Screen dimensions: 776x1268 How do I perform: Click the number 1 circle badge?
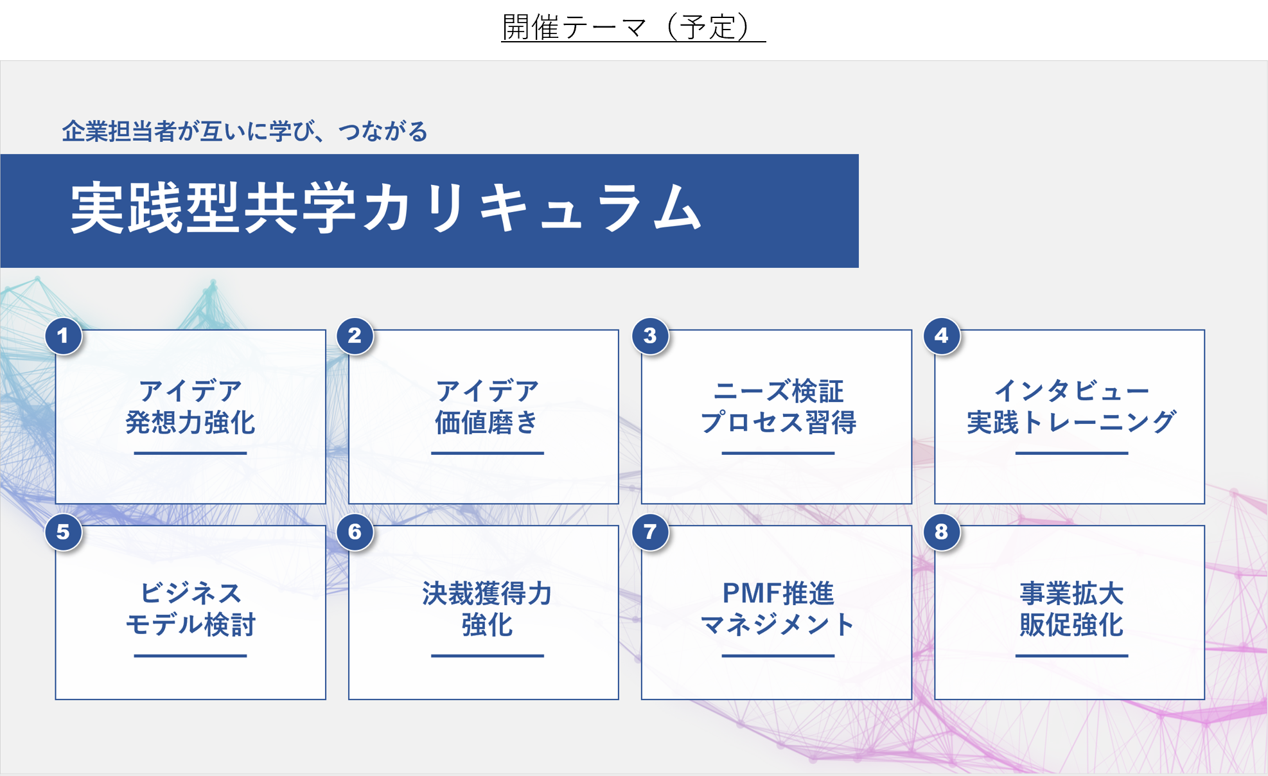pos(63,336)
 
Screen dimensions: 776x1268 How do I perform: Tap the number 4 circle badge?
pos(942,336)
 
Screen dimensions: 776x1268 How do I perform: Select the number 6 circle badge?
pos(355,532)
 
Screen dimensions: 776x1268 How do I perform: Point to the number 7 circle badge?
pos(650,532)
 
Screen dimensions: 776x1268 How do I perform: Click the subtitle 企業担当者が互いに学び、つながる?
pos(244,132)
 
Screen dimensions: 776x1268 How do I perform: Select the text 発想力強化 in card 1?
pos(190,423)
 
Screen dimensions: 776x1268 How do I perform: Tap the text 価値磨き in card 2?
pos(486,423)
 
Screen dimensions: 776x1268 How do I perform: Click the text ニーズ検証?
pos(778,391)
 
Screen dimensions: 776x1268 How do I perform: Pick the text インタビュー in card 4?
pos(1071,390)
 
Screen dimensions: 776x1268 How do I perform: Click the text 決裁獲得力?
pos(486,594)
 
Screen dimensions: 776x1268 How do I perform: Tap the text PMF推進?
pos(778,594)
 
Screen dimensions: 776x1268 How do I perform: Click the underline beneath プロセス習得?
pos(778,453)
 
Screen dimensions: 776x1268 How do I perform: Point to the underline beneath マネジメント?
pos(778,656)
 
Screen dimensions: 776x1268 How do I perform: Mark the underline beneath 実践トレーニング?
pos(1071,453)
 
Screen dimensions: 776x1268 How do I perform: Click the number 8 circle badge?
pos(942,532)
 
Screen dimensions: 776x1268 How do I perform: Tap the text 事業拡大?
pos(1071,594)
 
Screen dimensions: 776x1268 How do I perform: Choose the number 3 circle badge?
pos(650,336)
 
